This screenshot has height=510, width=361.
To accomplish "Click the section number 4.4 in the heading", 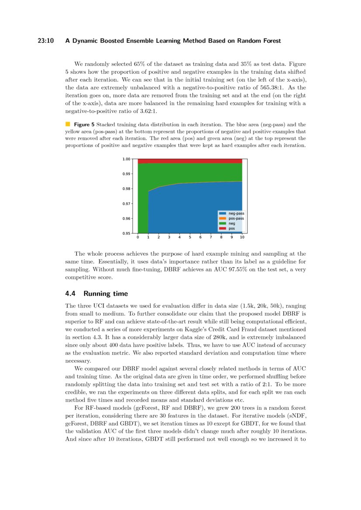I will pos(71,294).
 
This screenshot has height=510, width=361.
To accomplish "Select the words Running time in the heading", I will pos(106,294).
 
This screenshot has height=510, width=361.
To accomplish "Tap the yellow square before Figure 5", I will pos(68,124).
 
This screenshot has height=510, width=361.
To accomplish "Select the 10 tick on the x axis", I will pos(242,238).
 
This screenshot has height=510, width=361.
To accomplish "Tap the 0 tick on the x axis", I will pos(138,238).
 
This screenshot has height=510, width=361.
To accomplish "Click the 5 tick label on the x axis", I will pos(190,238).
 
